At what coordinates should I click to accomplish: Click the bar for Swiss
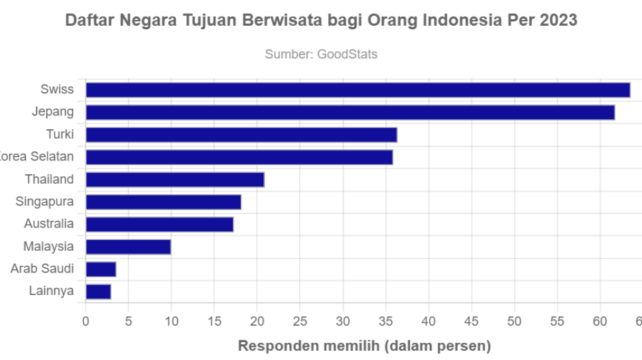pyautogui.click(x=357, y=90)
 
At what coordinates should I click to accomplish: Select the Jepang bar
pyautogui.click(x=350, y=113)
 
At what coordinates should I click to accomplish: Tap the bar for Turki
pyautogui.click(x=241, y=135)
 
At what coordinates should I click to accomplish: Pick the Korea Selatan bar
pyautogui.click(x=239, y=157)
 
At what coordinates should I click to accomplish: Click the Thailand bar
pyautogui.click(x=175, y=180)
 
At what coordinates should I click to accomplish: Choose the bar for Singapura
pyautogui.click(x=163, y=202)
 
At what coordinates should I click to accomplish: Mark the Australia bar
pyautogui.click(x=159, y=225)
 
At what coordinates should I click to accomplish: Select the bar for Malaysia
pyautogui.click(x=128, y=247)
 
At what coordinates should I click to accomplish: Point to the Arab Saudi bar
pyautogui.click(x=101, y=269)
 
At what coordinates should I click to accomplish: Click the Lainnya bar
pyautogui.click(x=98, y=292)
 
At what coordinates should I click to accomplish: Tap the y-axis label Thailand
pyautogui.click(x=49, y=180)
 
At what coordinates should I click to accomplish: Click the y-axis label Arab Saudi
pyautogui.click(x=42, y=269)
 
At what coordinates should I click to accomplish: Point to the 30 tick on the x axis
pyautogui.click(x=343, y=322)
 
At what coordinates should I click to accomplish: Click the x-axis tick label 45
pyautogui.click(x=472, y=322)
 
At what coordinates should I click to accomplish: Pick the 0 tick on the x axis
pyautogui.click(x=86, y=322)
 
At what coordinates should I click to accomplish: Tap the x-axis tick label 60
pyautogui.click(x=600, y=322)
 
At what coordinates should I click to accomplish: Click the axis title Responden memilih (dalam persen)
pyautogui.click(x=364, y=346)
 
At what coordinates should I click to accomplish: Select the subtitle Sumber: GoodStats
pyautogui.click(x=321, y=54)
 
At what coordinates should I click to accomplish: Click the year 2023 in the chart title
pyautogui.click(x=558, y=21)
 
